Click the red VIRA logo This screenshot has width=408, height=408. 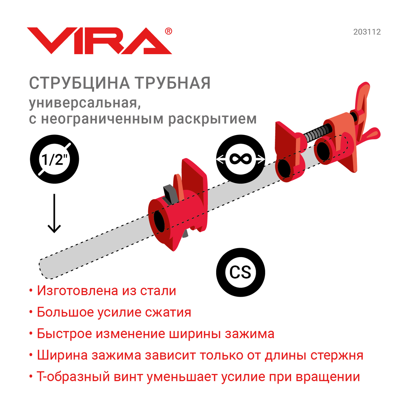[99, 41]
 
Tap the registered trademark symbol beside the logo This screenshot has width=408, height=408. [168, 31]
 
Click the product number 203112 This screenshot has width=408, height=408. [367, 32]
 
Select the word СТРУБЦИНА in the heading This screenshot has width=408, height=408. [79, 83]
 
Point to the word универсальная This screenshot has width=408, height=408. [85, 103]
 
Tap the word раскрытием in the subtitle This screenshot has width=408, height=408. [212, 119]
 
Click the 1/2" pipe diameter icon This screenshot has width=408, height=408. [54, 159]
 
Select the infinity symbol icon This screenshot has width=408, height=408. [240, 159]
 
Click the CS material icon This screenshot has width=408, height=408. [240, 272]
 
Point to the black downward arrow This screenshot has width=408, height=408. [54, 213]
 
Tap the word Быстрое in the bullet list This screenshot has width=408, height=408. [64, 334]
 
